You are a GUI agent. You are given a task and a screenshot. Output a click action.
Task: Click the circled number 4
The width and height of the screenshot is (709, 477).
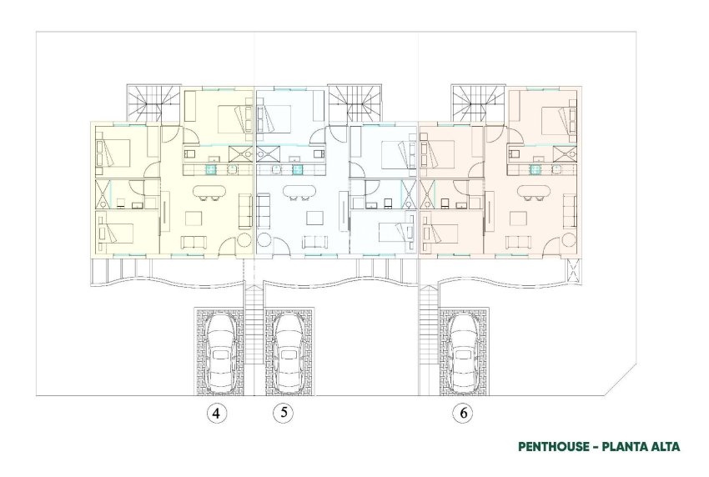click(216, 413)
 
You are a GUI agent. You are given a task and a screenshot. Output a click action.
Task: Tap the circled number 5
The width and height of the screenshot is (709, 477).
click(284, 413)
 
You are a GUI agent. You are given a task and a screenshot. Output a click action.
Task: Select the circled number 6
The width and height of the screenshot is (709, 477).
click(462, 413)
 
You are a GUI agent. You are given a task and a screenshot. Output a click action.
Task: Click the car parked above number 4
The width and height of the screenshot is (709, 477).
click(220, 352)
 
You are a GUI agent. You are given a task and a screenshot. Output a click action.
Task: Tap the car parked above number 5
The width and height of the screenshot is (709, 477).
click(289, 352)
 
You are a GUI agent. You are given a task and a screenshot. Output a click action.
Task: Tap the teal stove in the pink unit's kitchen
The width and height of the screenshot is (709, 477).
click(534, 168)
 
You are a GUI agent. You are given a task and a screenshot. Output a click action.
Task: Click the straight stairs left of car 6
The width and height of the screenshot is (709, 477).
click(428, 334)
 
